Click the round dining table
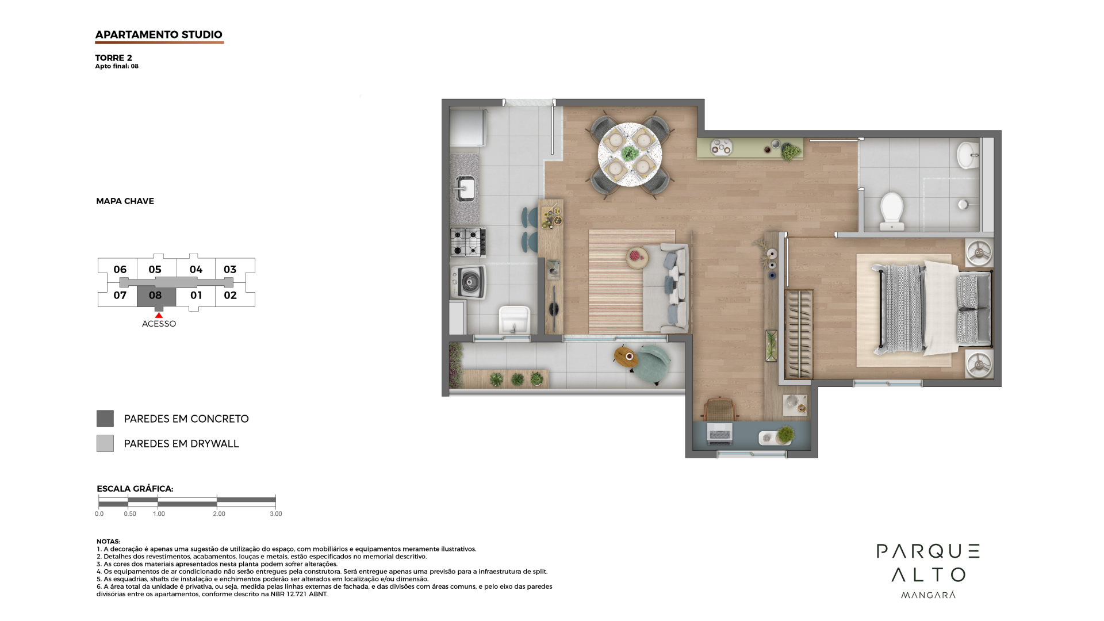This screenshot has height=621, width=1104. point(630,154)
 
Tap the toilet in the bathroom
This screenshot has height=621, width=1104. point(892,211)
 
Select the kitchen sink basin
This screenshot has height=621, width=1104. point(466,189)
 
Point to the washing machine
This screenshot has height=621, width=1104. point(469,282)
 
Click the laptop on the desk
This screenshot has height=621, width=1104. point(719,434)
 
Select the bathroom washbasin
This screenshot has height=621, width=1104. point(968,155)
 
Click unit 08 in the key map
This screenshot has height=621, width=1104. point(156,296)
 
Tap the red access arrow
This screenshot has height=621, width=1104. point(159,315)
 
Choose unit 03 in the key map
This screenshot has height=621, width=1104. point(230,269)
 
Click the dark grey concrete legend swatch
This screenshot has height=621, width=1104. point(105,419)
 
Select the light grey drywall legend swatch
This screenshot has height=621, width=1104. point(105,443)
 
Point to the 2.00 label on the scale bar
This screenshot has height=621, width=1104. point(219,514)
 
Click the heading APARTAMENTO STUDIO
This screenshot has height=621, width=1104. point(159,34)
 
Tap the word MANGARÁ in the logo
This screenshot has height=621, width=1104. point(928,595)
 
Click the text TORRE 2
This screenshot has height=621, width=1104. point(114,57)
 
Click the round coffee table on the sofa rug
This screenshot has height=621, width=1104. point(637,257)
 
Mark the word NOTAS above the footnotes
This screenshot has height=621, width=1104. point(108,542)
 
